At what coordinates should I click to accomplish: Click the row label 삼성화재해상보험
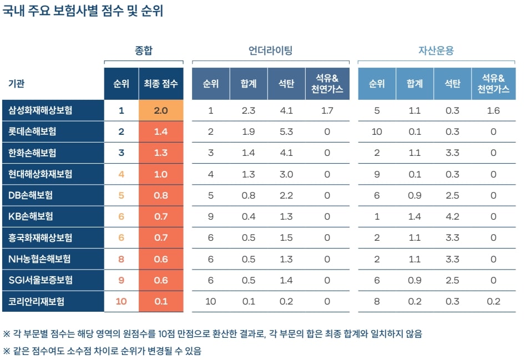pyautogui.click(x=41, y=110)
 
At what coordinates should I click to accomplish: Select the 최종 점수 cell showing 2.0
pyautogui.click(x=161, y=110)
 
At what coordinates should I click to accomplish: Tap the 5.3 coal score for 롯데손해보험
pyautogui.click(x=286, y=131)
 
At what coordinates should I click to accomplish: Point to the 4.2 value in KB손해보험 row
pyautogui.click(x=452, y=216)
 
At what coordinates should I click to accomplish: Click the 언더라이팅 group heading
pyautogui.click(x=270, y=50)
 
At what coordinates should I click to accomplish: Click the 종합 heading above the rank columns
pyautogui.click(x=144, y=50)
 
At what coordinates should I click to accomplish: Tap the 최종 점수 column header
pyautogui.click(x=161, y=84)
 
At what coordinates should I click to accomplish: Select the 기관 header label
pyautogui.click(x=17, y=84)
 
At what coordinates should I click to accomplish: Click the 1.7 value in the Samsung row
pyautogui.click(x=327, y=110)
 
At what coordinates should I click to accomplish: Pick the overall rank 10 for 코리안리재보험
pyautogui.click(x=122, y=301)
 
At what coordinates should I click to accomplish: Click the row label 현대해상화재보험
pyautogui.click(x=41, y=174)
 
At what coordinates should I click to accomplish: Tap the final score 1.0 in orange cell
pyautogui.click(x=161, y=174)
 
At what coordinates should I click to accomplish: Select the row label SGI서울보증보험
pyautogui.click(x=41, y=280)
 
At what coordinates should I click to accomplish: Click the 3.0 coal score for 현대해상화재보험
pyautogui.click(x=286, y=174)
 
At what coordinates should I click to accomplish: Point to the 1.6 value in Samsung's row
pyautogui.click(x=493, y=110)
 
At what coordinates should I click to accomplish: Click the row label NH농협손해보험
pyautogui.click(x=39, y=259)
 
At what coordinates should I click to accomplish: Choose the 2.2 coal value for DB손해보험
pyautogui.click(x=286, y=195)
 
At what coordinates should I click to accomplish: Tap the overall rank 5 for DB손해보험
pyautogui.click(x=122, y=195)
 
